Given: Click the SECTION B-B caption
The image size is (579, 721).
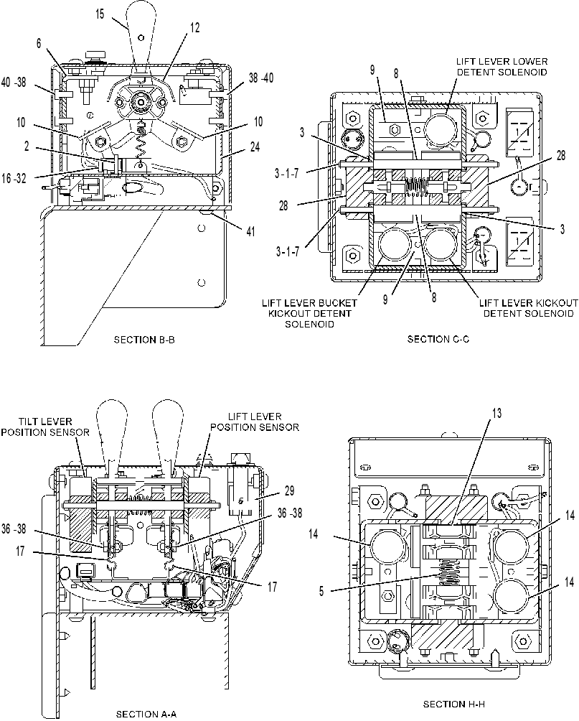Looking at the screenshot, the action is pos(144,340).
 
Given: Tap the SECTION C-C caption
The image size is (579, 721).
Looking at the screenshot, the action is pos(438,340).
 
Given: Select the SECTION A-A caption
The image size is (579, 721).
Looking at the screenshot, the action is pos(146,714).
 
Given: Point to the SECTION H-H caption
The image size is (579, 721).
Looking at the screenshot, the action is pos(454,704).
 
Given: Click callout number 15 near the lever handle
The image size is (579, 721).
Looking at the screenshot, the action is pos(100,14).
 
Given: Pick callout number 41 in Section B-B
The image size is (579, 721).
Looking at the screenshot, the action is pos(250,231).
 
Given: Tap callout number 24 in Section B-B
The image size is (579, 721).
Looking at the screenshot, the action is pos(255,146).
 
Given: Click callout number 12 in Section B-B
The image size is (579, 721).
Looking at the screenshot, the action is pos(195,28).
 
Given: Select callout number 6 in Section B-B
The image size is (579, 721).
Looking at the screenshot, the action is pos(39,43).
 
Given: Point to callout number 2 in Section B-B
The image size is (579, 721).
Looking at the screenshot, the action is pos(27,146).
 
